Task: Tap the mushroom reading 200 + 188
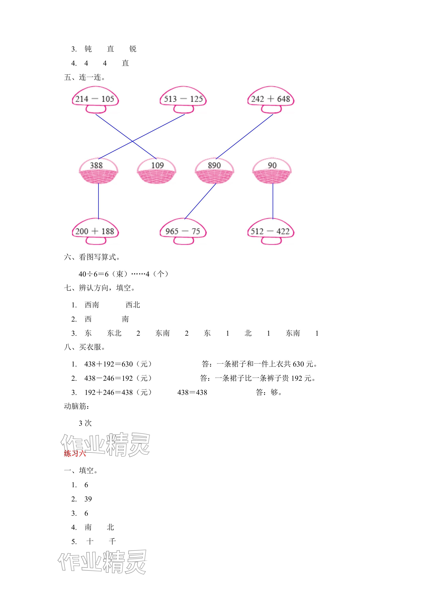pyautogui.click(x=95, y=231)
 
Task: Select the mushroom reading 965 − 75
pyautogui.click(x=183, y=231)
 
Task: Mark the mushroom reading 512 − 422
pyautogui.click(x=271, y=231)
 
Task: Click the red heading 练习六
pyautogui.click(x=75, y=454)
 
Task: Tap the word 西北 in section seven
pyautogui.click(x=133, y=305)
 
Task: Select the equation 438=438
pyautogui.click(x=192, y=392)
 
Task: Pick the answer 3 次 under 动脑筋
pyautogui.click(x=85, y=423)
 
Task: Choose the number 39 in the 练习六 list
pyautogui.click(x=88, y=499)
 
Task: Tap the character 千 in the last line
pyautogui.click(x=112, y=542)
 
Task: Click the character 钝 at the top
pyautogui.click(x=88, y=49)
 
